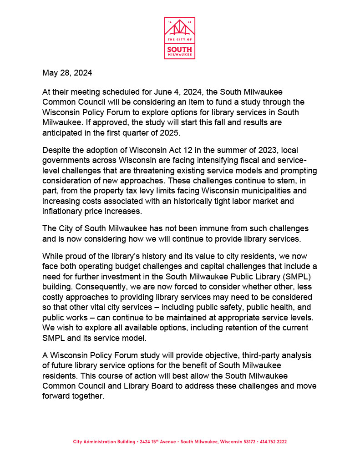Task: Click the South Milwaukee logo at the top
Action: (180, 38)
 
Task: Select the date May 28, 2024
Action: (67, 73)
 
